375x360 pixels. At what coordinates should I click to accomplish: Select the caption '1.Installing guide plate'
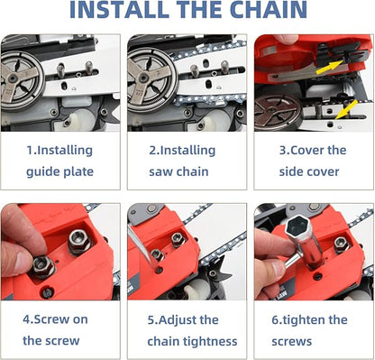click(60, 160)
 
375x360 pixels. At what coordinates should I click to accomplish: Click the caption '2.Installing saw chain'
click(187, 160)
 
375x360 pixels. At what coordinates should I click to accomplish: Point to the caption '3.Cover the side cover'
click(312, 160)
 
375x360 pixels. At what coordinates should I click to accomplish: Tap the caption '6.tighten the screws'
click(312, 329)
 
